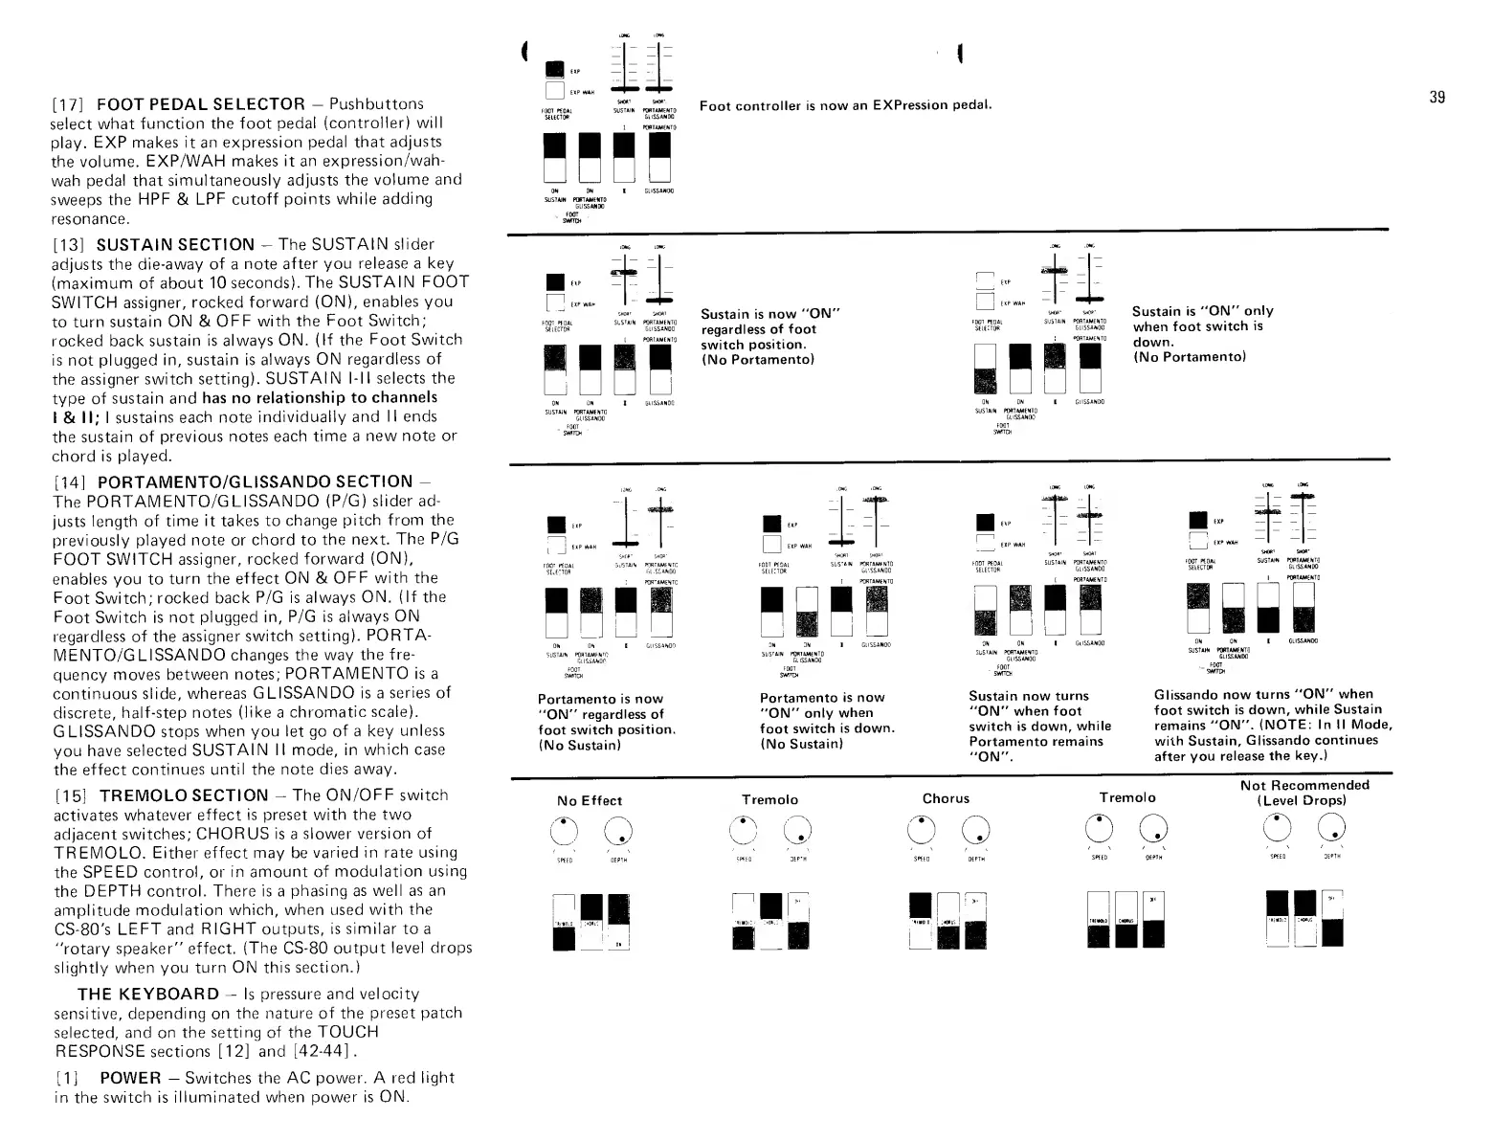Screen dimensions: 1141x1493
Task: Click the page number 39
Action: (1437, 97)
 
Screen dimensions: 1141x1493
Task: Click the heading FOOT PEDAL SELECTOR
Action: (201, 103)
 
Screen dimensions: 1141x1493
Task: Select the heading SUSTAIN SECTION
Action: (175, 244)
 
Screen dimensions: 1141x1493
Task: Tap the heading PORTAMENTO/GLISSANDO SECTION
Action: (255, 481)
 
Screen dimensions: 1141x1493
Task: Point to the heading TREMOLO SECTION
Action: (184, 795)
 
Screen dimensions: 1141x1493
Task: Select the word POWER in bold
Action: (130, 1078)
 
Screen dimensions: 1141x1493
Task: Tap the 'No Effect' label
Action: (589, 800)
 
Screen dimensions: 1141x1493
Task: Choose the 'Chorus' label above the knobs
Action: (946, 798)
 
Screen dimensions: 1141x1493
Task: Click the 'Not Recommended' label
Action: (1304, 785)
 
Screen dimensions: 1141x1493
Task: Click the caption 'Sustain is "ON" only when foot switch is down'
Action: (1203, 333)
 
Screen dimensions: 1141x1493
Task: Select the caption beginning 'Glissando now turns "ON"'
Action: (1273, 725)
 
